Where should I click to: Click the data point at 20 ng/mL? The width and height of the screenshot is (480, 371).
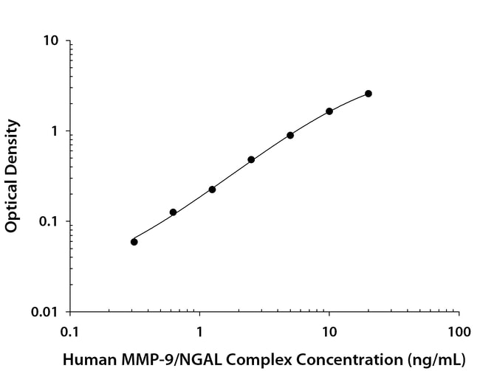pyautogui.click(x=368, y=94)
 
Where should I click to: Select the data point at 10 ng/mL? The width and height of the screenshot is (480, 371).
pyautogui.click(x=329, y=111)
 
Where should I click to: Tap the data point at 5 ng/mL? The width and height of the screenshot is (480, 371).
pyautogui.click(x=290, y=135)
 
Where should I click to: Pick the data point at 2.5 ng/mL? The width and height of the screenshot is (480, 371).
pyautogui.click(x=251, y=159)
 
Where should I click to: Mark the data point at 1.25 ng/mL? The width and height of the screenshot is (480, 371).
pyautogui.click(x=212, y=190)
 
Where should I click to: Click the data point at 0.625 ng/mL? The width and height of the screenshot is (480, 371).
pyautogui.click(x=173, y=212)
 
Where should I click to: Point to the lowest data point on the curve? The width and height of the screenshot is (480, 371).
pyautogui.click(x=134, y=242)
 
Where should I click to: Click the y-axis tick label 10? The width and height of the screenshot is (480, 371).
pyautogui.click(x=52, y=41)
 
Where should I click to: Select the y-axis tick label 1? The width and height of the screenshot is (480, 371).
pyautogui.click(x=56, y=131)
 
